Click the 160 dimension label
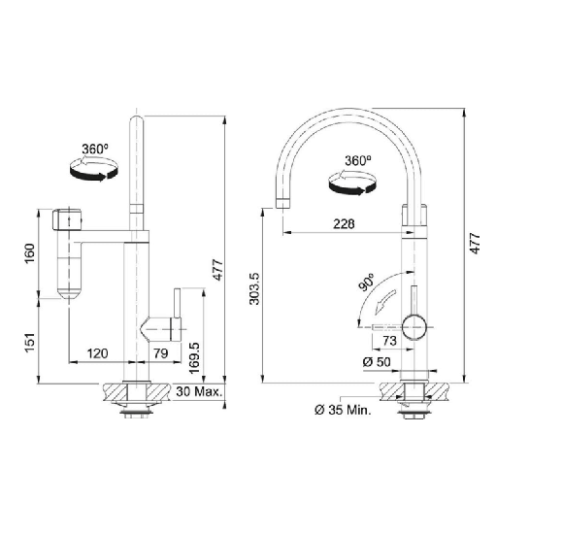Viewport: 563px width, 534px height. pyautogui.click(x=30, y=251)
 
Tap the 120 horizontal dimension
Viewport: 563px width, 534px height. pyautogui.click(x=98, y=353)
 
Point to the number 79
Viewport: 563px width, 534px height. pyautogui.click(x=162, y=353)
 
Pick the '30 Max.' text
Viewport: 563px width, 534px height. pyautogui.click(x=199, y=392)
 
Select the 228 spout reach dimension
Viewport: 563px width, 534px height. pyautogui.click(x=344, y=223)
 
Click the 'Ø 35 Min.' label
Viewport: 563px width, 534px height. pyautogui.click(x=342, y=411)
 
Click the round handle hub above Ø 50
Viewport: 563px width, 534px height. pyautogui.click(x=415, y=327)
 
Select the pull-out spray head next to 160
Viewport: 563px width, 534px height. pyautogui.click(x=70, y=254)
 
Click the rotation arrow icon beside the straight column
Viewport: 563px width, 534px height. pyautogui.click(x=94, y=169)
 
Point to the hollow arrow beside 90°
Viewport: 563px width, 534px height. pyautogui.click(x=387, y=297)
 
